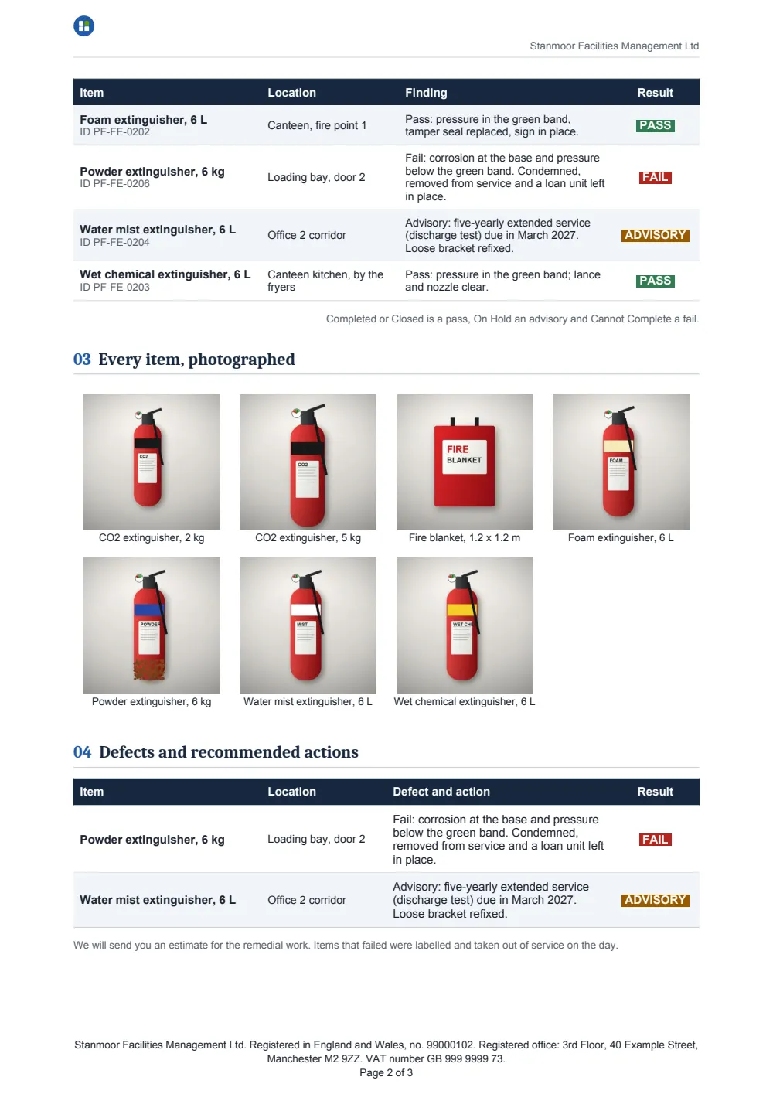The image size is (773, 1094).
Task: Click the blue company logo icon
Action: pos(84,26)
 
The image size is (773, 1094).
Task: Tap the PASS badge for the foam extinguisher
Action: pos(655,125)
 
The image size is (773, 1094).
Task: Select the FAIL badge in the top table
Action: pos(655,177)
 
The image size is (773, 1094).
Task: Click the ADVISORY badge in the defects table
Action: pos(655,900)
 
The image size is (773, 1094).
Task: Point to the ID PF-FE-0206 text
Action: pos(114,184)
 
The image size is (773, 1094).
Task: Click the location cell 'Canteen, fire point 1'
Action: pos(316,125)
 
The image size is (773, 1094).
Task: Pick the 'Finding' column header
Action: pos(426,93)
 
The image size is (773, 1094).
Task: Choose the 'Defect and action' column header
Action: pos(441,791)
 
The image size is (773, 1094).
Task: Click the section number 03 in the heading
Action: pos(82,360)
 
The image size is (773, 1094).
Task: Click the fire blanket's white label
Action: pos(465,457)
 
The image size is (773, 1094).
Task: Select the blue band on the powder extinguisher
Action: pos(149,609)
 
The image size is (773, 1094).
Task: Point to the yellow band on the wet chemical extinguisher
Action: pos(461,609)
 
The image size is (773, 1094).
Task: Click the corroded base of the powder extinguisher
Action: pos(149,670)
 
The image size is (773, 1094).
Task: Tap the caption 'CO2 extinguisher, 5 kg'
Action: pos(308,537)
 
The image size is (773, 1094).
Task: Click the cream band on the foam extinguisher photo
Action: pos(618,446)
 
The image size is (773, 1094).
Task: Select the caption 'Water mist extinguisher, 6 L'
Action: pos(308,702)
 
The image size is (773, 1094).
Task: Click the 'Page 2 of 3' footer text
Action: pos(386,1072)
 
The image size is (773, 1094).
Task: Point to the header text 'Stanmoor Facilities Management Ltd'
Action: pos(614,46)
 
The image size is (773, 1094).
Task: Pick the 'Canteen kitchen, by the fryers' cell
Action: pos(325,281)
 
